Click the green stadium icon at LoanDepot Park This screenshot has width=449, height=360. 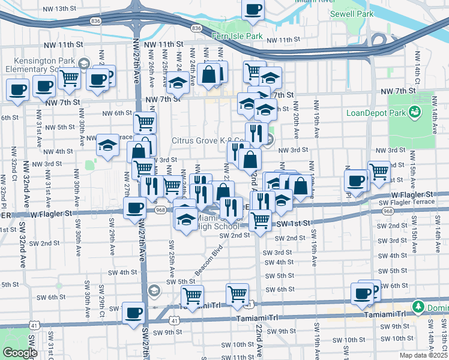[414, 112]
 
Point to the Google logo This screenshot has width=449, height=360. [20, 353]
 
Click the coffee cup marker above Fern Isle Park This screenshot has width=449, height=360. [253, 10]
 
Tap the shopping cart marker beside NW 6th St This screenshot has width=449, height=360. [145, 122]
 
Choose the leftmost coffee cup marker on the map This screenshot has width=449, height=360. [17, 90]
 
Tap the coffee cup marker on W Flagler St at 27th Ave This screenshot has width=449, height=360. [134, 208]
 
